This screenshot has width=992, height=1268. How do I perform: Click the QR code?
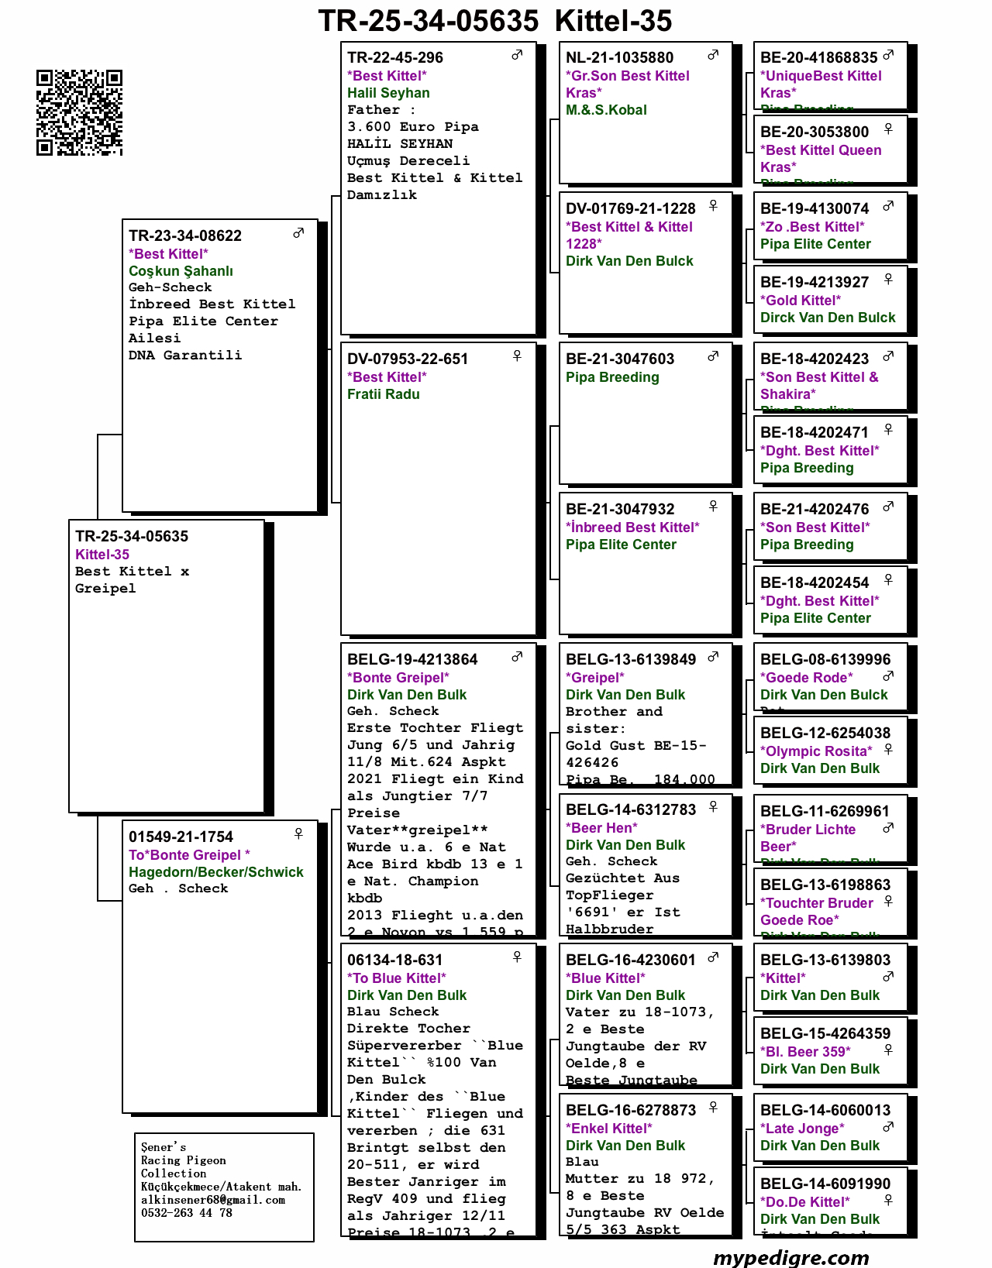click(79, 112)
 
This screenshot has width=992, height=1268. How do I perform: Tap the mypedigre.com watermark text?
click(790, 1256)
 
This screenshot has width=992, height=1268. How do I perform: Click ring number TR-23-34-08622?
click(185, 235)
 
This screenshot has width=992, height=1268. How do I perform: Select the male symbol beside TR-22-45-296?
click(517, 55)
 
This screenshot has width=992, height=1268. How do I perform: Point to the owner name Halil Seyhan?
click(388, 93)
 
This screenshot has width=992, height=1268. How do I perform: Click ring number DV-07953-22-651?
click(408, 359)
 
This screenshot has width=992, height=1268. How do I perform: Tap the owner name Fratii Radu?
click(384, 394)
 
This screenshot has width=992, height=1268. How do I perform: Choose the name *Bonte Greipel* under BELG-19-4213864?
click(398, 678)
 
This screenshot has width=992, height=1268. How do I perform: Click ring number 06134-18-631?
click(395, 960)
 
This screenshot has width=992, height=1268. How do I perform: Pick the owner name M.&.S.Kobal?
click(606, 110)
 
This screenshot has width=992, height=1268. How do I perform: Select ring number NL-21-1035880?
click(620, 57)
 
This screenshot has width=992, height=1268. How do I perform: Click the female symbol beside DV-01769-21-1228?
click(713, 205)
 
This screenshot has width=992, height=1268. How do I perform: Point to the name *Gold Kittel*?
click(801, 301)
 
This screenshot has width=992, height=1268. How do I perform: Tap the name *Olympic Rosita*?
click(816, 751)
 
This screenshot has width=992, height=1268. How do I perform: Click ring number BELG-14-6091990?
click(825, 1184)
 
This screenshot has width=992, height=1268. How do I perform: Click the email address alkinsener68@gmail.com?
click(213, 1200)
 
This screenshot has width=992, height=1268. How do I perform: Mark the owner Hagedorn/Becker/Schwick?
click(216, 872)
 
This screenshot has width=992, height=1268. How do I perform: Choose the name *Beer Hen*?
click(601, 828)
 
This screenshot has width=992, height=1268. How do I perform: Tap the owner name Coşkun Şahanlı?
click(181, 271)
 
